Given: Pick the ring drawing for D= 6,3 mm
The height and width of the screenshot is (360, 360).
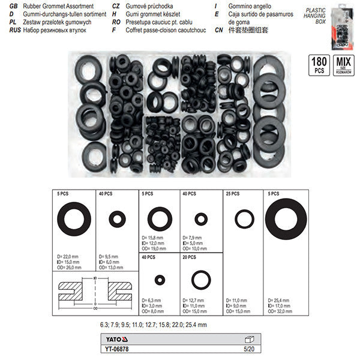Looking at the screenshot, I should click(160, 280).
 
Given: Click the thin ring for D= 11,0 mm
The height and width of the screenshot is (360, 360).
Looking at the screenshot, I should click(244, 219).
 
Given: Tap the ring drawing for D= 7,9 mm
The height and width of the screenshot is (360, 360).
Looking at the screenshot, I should click(201, 218).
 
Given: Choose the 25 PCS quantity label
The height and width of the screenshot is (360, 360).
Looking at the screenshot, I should click(232, 194).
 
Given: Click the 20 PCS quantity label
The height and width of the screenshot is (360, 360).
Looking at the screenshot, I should click(190, 257).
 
